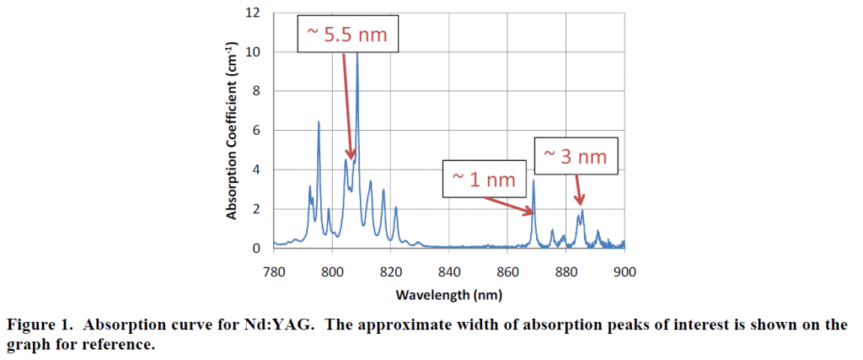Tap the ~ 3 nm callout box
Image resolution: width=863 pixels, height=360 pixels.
tap(575, 157)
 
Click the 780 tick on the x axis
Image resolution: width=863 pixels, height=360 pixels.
tap(274, 272)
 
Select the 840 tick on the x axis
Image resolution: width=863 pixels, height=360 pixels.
tap(449, 272)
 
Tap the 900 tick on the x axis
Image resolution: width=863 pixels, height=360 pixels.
tap(624, 272)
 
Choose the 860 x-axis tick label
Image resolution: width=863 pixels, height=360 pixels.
tap(507, 272)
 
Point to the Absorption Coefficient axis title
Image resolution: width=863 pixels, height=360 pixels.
tap(233, 132)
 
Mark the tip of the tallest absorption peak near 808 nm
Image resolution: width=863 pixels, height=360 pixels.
tap(357, 52)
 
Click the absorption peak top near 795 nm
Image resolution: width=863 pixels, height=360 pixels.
tap(319, 122)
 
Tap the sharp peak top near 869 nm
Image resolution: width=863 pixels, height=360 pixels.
tap(533, 180)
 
